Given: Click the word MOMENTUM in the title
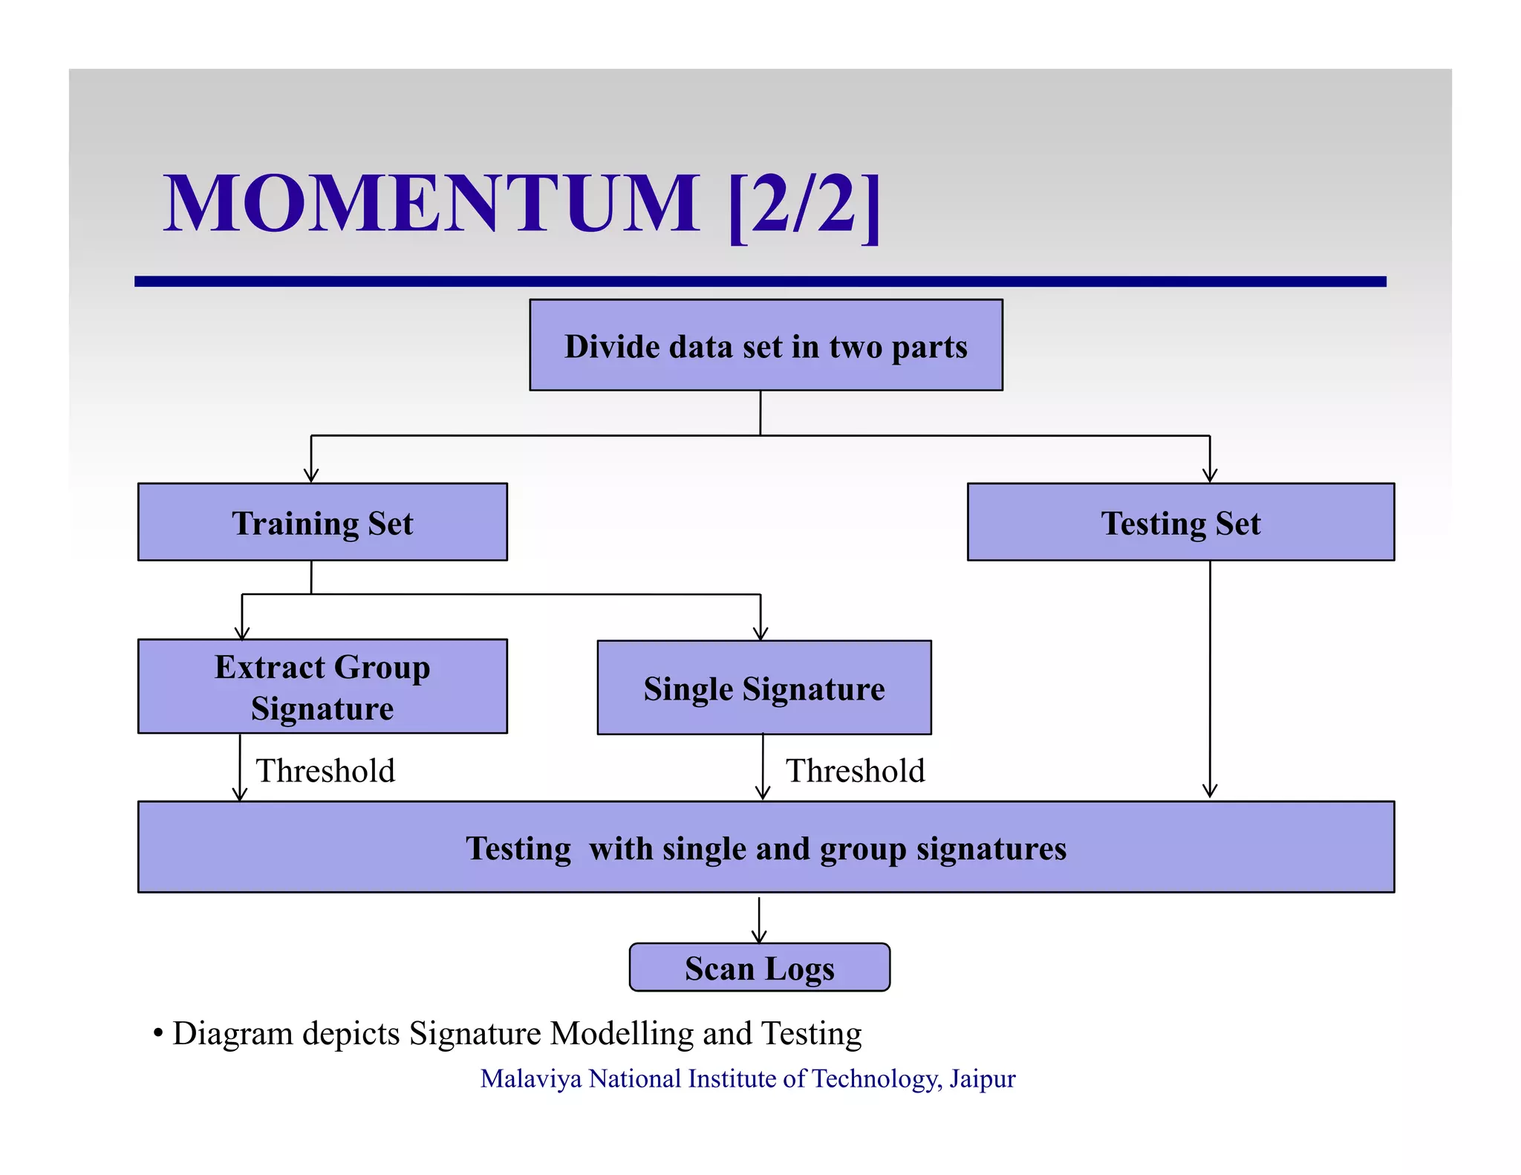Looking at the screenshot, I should click(x=431, y=204).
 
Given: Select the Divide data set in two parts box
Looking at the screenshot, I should click(x=766, y=345).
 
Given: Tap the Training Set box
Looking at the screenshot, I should click(x=322, y=522).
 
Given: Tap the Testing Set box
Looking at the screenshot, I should click(x=1180, y=522).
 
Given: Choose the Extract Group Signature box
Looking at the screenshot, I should click(x=322, y=686).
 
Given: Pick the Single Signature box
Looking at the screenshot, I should click(x=763, y=688).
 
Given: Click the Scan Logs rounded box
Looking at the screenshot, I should click(x=759, y=967).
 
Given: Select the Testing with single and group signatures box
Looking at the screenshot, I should click(x=766, y=847).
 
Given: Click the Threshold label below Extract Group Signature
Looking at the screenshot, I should click(x=325, y=770).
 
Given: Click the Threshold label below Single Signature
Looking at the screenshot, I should click(x=856, y=770).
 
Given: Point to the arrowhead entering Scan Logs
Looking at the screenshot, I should click(x=759, y=937).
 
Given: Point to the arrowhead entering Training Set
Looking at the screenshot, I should click(x=311, y=476).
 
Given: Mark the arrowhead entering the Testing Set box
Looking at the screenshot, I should click(x=1210, y=476).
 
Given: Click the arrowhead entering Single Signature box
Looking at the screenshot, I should click(x=760, y=634).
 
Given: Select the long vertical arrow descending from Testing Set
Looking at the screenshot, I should click(x=1210, y=676).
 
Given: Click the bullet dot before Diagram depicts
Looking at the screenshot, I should click(x=157, y=1033).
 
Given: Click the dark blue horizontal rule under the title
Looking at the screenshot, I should click(x=760, y=281).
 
